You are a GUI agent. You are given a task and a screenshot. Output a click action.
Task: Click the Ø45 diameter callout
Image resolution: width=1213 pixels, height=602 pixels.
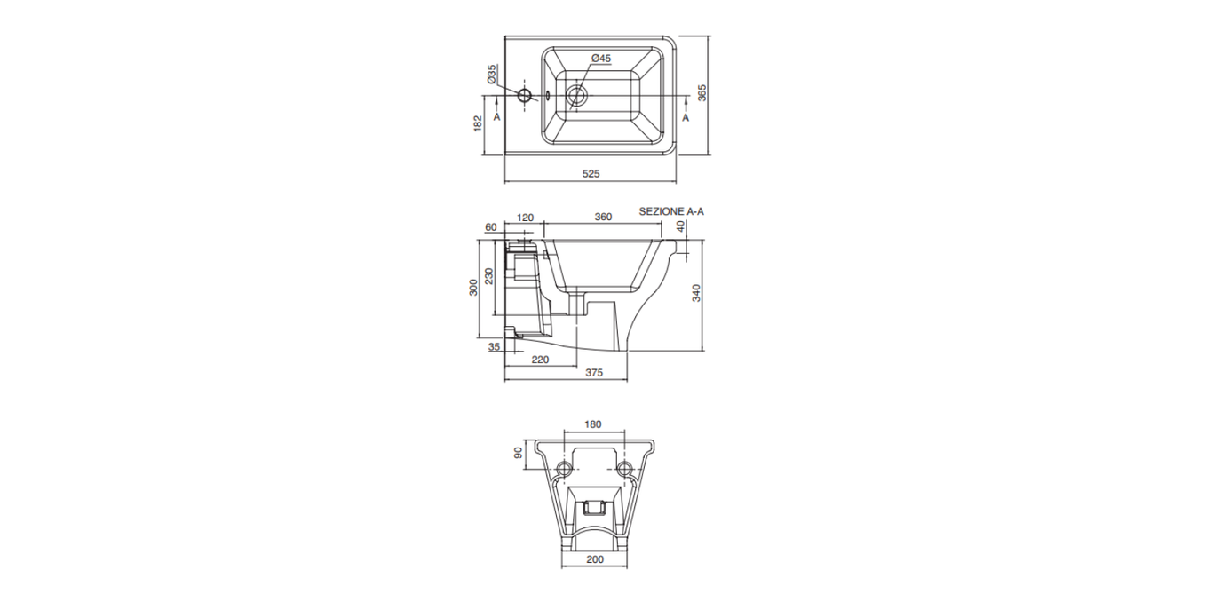(601, 58)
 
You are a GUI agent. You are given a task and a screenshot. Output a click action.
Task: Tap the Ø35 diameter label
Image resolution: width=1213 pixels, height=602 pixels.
(492, 75)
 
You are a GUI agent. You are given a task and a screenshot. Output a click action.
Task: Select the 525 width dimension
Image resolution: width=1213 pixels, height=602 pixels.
(591, 174)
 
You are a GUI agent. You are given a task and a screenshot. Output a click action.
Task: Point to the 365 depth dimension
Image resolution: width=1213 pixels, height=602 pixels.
(702, 92)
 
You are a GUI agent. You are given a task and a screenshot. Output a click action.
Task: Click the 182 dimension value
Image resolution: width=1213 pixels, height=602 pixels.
(478, 123)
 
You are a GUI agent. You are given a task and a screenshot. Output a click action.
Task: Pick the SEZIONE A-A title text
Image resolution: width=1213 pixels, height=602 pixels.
(671, 211)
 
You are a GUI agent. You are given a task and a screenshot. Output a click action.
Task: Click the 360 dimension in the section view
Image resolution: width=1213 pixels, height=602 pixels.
(603, 217)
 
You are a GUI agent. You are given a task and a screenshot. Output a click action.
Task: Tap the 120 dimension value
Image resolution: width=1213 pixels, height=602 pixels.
(526, 218)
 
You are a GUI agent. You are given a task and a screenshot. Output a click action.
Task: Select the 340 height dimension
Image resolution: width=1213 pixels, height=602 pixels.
(696, 293)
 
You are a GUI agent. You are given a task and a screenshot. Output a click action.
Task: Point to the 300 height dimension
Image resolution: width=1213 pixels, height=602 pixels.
(473, 288)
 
